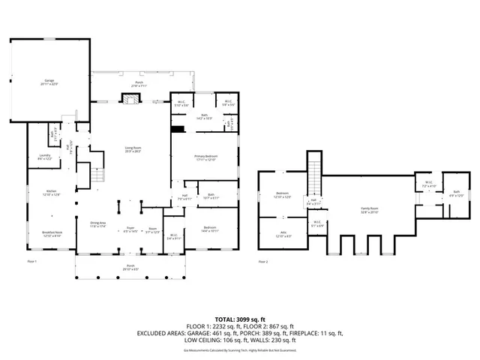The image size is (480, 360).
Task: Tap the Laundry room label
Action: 45,156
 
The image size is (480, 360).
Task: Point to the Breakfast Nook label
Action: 52,234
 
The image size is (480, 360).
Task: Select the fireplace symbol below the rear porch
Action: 129,98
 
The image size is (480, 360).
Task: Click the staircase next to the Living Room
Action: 96,178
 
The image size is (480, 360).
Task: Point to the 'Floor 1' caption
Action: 31,261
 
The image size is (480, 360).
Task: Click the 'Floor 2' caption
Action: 262,261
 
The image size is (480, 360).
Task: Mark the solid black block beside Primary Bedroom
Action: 177,130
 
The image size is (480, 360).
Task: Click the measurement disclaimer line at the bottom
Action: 240,349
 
